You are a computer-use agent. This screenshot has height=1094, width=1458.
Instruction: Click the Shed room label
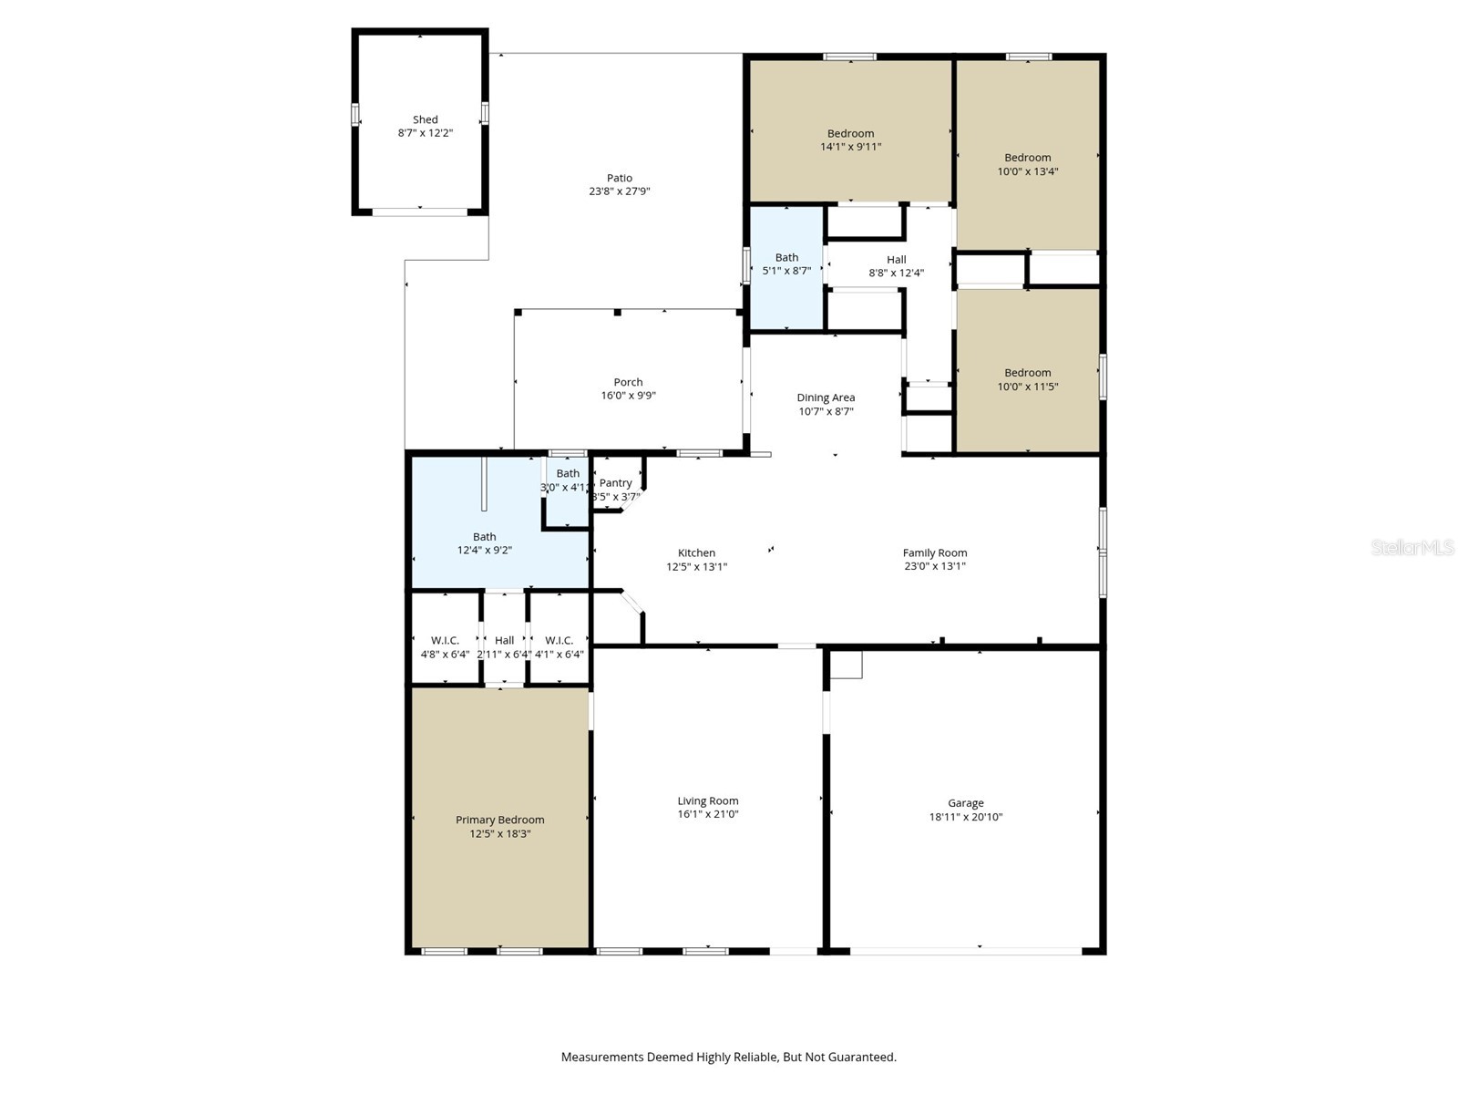426,119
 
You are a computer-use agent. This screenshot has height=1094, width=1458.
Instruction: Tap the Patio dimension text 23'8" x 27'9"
619,191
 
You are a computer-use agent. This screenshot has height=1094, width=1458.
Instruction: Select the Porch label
628,382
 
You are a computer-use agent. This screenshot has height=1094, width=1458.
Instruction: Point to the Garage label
965,803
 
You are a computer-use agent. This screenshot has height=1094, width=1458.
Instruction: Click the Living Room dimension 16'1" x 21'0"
707,814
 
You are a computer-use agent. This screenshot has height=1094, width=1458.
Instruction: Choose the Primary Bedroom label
499,820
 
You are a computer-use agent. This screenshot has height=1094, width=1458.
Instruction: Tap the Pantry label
615,483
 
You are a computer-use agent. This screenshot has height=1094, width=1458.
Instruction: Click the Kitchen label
696,552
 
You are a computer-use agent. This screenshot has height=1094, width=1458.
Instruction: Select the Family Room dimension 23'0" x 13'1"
935,566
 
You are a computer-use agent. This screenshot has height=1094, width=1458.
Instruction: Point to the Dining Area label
826,397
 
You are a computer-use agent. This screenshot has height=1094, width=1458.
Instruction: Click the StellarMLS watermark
1412,547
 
